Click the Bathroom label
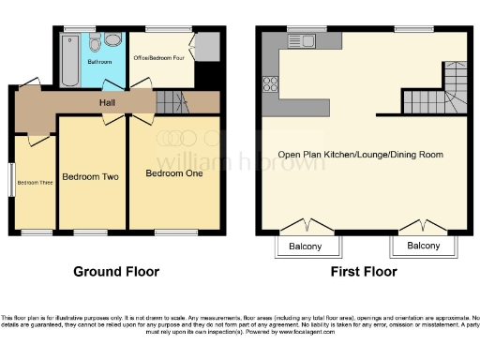99,62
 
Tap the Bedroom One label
173,173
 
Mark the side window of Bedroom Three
12,180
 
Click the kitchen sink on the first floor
308,40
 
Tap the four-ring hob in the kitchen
272,82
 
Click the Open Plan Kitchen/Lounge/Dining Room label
360,155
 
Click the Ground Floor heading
116,273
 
